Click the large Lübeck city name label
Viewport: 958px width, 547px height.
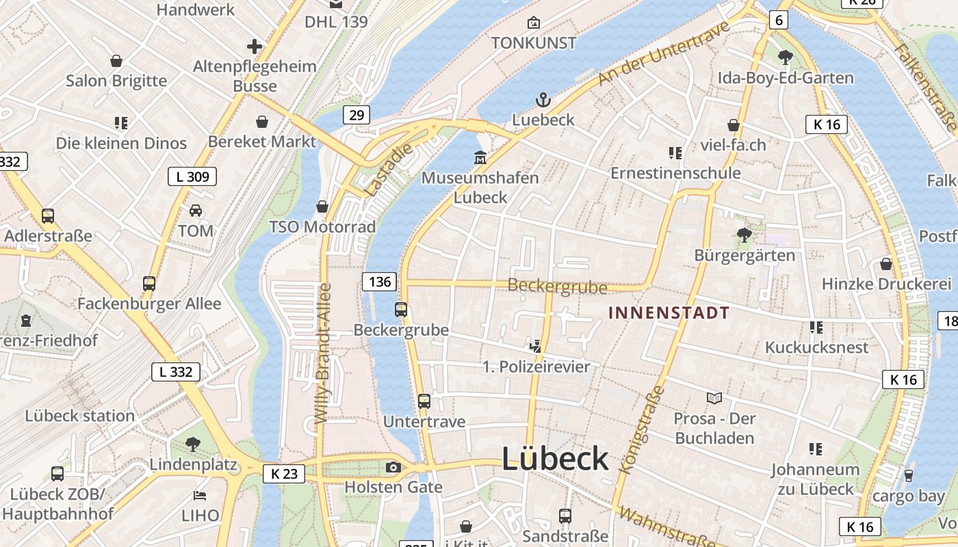point(555,458)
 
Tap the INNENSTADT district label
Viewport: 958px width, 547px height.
point(669,313)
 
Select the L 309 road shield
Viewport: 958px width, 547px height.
point(192,176)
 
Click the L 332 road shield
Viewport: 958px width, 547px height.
point(176,372)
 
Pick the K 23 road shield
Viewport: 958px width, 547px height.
point(283,473)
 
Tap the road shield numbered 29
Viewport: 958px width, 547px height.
point(356,115)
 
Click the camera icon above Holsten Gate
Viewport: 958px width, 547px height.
point(393,468)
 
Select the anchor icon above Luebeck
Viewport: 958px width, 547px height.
point(543,101)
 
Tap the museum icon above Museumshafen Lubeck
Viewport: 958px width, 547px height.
point(480,158)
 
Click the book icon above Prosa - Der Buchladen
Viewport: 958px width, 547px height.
point(714,398)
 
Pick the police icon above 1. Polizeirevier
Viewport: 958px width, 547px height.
point(536,347)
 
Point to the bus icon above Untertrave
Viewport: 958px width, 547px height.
point(424,401)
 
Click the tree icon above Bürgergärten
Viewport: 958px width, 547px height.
point(744,236)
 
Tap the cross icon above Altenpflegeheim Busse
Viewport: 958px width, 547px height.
point(255,46)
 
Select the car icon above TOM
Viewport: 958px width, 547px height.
point(196,211)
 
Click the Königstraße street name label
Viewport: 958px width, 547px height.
point(642,431)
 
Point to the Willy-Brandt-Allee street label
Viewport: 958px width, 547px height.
point(322,353)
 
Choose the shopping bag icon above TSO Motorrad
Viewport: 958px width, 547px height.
point(322,206)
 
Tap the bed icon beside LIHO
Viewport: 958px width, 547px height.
point(200,495)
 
